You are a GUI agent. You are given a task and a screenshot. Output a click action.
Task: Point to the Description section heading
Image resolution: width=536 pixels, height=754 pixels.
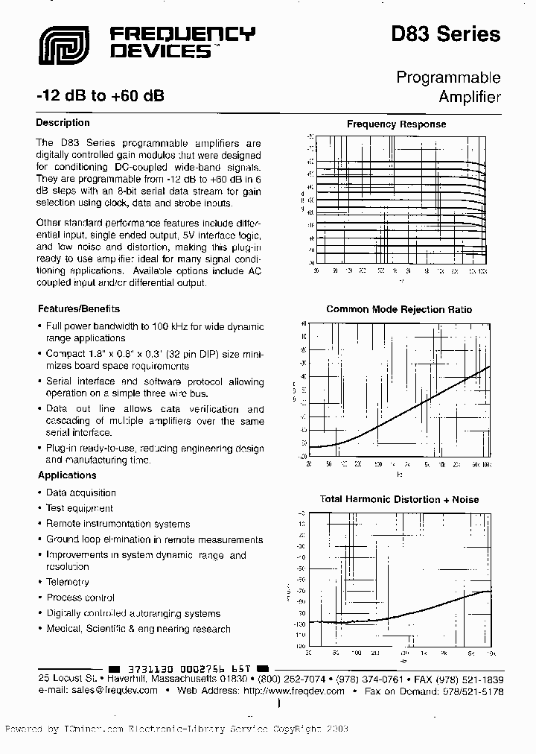[63, 123]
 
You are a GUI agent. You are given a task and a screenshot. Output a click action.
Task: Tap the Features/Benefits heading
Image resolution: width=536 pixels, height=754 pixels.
[78, 308]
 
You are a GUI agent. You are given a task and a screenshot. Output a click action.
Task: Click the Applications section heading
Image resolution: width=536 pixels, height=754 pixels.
[66, 475]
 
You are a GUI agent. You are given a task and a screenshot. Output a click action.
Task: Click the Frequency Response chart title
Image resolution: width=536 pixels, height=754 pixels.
[396, 124]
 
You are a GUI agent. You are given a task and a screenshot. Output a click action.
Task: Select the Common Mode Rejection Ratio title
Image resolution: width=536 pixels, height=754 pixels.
[399, 309]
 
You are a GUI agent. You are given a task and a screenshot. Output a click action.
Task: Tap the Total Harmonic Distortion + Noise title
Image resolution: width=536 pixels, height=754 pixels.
[399, 499]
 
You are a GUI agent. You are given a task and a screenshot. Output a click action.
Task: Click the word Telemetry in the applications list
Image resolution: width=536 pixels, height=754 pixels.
[68, 582]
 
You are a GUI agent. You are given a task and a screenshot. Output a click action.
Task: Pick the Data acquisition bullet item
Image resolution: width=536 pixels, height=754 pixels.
[80, 492]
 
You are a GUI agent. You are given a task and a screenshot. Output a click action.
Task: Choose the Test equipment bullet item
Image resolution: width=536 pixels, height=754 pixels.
[80, 508]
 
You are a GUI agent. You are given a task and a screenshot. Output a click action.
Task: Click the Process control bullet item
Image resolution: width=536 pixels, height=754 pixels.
[80, 598]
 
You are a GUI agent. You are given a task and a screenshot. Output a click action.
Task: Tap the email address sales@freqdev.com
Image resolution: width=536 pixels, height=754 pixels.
[111, 691]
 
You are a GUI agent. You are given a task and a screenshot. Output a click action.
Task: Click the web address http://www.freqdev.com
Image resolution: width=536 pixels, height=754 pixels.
[293, 691]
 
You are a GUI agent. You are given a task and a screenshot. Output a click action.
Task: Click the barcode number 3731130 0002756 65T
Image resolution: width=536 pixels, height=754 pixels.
[188, 668]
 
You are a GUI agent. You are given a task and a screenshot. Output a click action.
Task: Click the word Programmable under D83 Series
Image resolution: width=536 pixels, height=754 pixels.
[447, 77]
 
